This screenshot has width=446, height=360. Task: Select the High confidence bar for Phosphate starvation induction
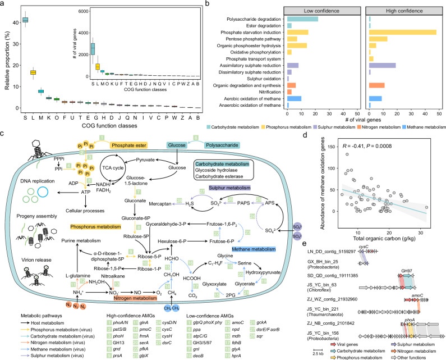403,32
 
